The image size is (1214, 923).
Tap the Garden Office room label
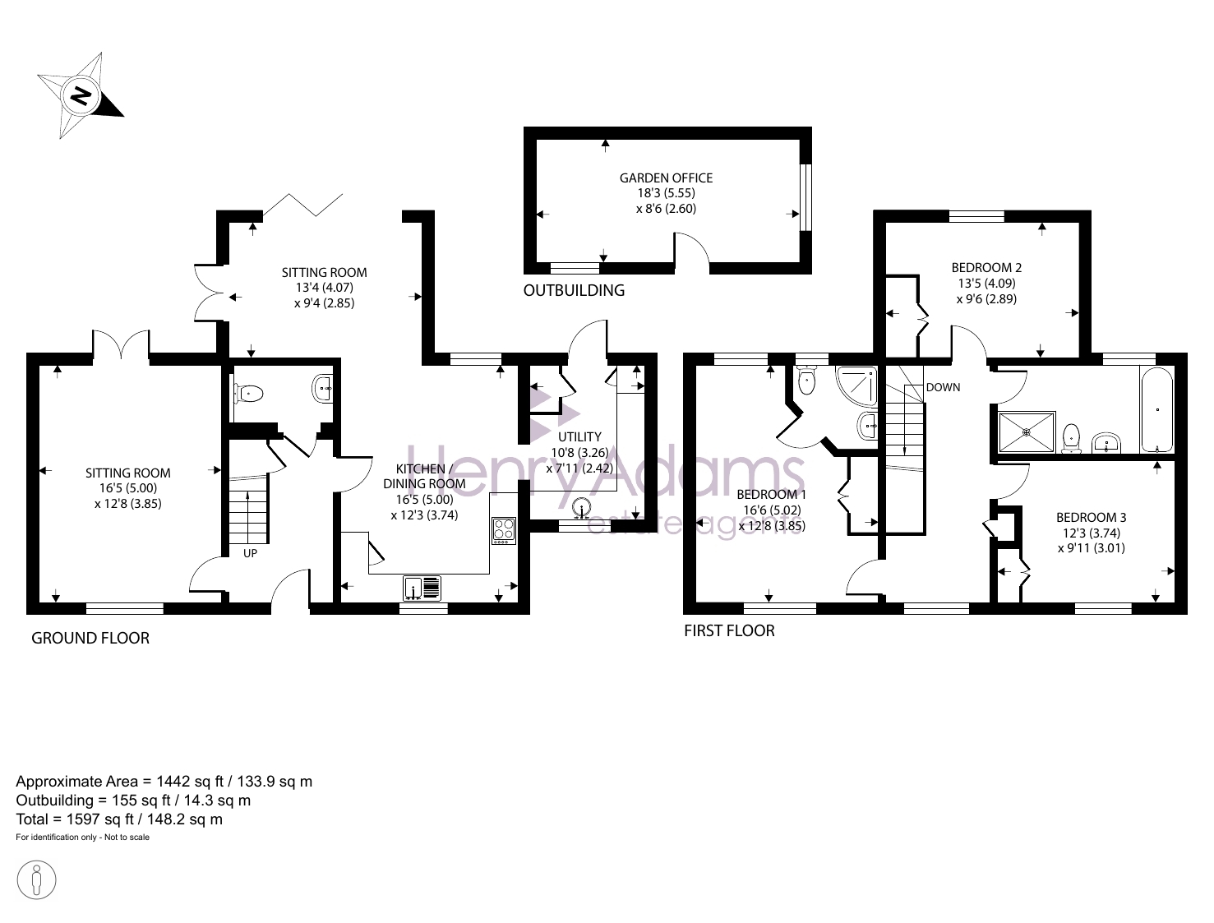[666, 178]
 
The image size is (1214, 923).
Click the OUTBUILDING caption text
[574, 290]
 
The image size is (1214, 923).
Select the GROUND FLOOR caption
[90, 638]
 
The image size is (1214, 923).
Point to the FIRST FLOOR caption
[729, 631]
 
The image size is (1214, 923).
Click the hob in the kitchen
[504, 530]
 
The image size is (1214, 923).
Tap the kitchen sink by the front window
[422, 588]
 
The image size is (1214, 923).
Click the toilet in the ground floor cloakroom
[247, 394]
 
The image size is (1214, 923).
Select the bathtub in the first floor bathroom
[1156, 410]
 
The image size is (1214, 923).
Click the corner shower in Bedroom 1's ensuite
[856, 386]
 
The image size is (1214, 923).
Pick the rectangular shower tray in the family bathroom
[1027, 432]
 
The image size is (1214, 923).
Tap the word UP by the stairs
[250, 553]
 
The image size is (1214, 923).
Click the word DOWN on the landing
[943, 388]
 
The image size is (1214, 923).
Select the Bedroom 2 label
[986, 268]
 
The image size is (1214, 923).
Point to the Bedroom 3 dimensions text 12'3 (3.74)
[1092, 533]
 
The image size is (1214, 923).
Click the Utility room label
[579, 437]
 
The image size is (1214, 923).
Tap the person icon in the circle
[36, 880]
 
